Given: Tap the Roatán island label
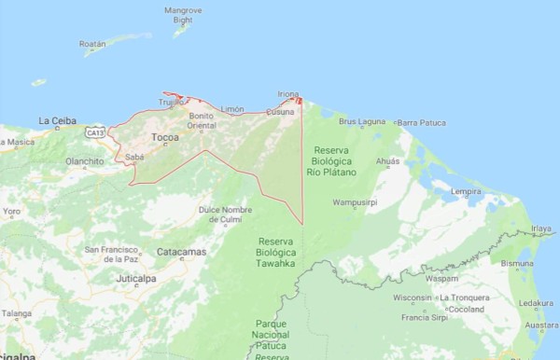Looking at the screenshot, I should pos(92,43).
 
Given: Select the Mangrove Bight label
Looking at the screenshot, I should pos(183,15).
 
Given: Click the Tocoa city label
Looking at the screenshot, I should pos(164,137).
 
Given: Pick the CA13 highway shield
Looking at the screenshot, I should pos(94,133).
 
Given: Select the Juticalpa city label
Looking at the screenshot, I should pos(137,278).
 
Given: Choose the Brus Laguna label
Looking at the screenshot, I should pos(361,121).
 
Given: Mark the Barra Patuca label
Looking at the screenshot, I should pos(423,122).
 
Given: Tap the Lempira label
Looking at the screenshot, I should pos(465,192).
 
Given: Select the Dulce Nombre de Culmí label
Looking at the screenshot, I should pos(225,214).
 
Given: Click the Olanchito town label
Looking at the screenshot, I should pos(85,160).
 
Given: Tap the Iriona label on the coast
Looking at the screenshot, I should pos(288,93).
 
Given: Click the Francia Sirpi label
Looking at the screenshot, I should pos(422,318).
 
